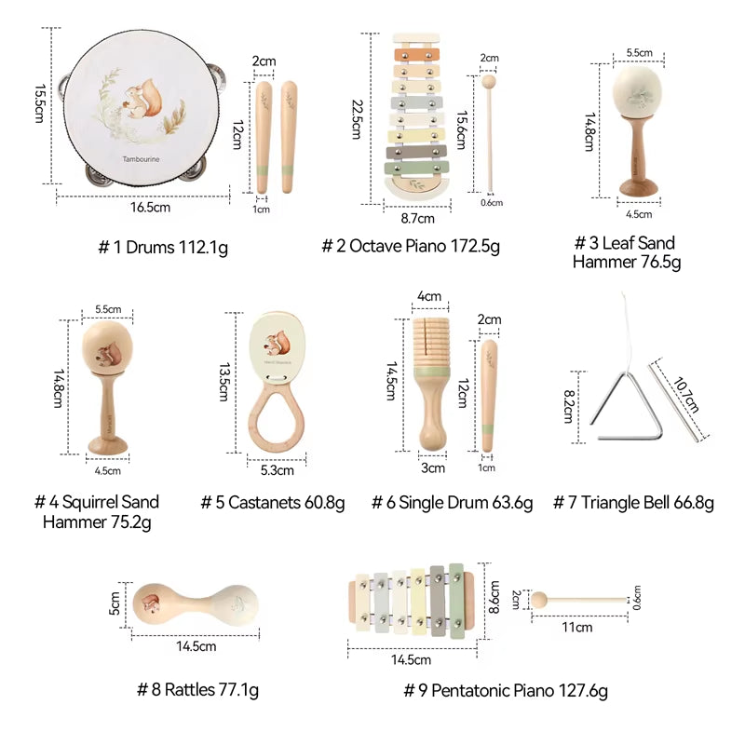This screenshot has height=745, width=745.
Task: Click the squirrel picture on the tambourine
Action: [143, 99]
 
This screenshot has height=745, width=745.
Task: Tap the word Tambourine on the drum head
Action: [142, 159]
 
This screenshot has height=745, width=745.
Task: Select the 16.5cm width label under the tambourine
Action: [151, 207]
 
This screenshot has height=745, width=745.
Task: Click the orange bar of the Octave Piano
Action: [416, 55]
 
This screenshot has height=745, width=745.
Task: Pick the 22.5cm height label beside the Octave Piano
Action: [358, 119]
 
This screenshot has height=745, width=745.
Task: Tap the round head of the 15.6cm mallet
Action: [488, 82]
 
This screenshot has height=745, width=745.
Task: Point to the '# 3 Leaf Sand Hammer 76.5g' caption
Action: [627, 252]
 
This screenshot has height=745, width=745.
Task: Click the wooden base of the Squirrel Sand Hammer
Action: [107, 446]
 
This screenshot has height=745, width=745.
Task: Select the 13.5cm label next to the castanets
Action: [224, 383]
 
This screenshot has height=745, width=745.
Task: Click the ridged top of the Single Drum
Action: [431, 342]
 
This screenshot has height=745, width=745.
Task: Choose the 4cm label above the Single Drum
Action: [429, 296]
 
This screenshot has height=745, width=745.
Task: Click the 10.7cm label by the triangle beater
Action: [686, 395]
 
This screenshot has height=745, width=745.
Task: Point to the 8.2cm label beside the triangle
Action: [569, 407]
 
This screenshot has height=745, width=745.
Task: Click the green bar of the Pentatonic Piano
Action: [456, 601]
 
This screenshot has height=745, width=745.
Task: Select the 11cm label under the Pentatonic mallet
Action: [577, 627]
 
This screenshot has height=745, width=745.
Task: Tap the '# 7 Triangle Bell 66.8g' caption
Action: [634, 503]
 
